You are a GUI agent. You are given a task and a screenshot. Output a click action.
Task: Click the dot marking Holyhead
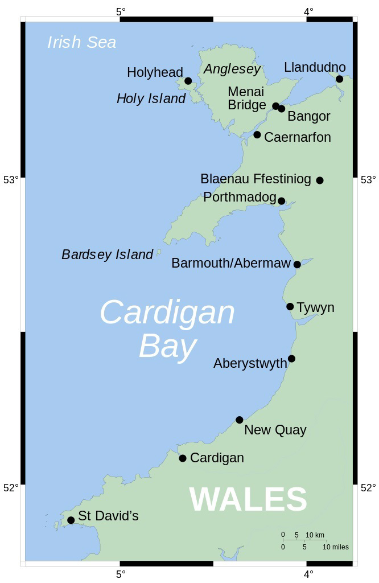pyautogui.click(x=188, y=81)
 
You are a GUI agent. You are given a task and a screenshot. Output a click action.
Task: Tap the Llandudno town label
pyautogui.click(x=315, y=68)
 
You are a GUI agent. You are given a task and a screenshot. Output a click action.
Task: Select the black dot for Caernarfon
pyautogui.click(x=257, y=135)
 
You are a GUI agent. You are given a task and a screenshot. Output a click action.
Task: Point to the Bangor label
pyautogui.click(x=309, y=117)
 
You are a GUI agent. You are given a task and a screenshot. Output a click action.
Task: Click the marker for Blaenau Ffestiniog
pyautogui.click(x=320, y=180)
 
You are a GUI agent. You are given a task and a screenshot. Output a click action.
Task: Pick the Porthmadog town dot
pyautogui.click(x=281, y=201)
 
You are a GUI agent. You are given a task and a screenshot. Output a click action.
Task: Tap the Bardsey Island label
pyautogui.click(x=107, y=254)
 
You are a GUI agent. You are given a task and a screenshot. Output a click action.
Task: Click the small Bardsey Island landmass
pyautogui.click(x=159, y=252)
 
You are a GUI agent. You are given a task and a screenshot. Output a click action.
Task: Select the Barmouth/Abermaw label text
pyautogui.click(x=230, y=264)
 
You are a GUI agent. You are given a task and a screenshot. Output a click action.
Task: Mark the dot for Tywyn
pyautogui.click(x=290, y=307)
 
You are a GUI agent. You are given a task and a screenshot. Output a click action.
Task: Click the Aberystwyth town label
pyautogui.click(x=250, y=363)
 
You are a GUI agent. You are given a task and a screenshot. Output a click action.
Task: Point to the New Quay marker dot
pyautogui.click(x=240, y=420)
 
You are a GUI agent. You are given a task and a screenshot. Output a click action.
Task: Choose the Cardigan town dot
pyautogui.click(x=183, y=458)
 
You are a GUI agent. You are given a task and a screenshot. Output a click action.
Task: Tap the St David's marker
pyautogui.click(x=71, y=520)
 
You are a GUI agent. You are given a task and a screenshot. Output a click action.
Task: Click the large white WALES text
pyautogui.click(x=248, y=499)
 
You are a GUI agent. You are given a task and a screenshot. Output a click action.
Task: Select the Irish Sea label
pyautogui.click(x=81, y=42)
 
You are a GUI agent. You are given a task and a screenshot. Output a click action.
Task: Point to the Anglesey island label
pyautogui.click(x=232, y=69)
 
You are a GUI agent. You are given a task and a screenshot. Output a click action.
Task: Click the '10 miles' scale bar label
pyautogui.click(x=335, y=547)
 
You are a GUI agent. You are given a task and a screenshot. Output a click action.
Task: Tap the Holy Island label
pyautogui.click(x=151, y=98)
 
